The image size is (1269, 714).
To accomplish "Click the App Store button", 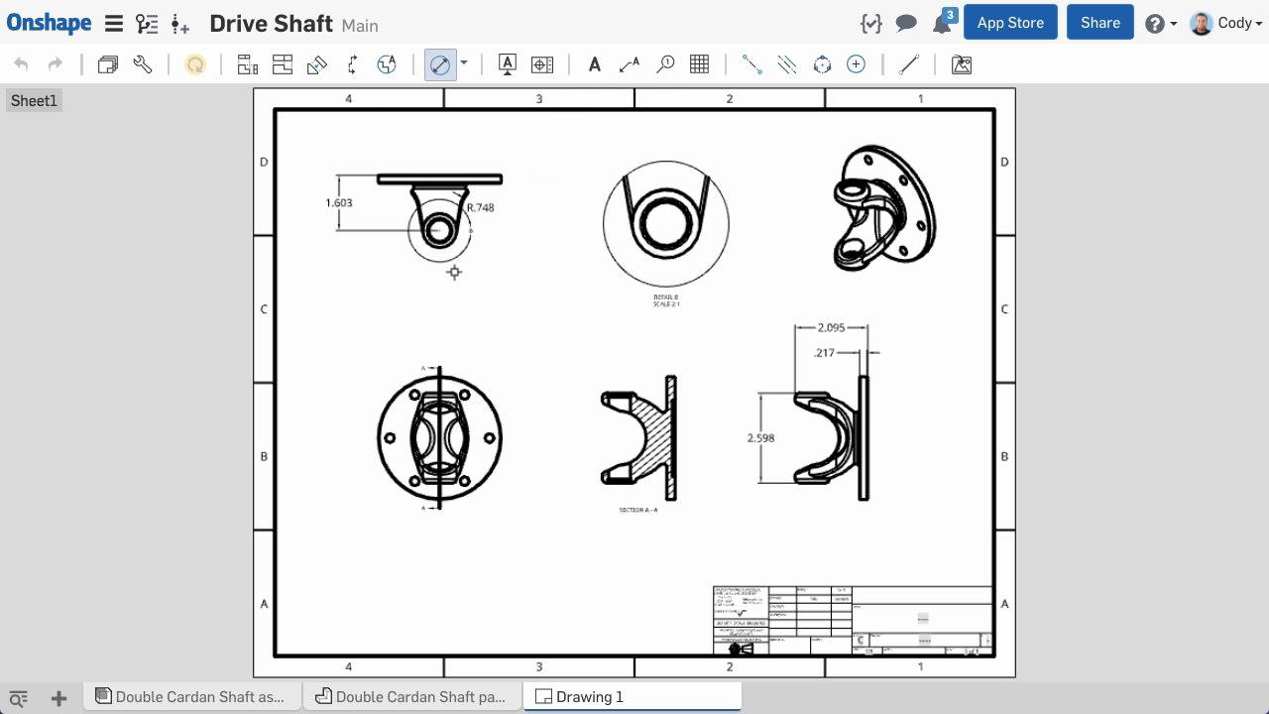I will tap(1010, 23).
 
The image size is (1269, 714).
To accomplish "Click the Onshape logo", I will tap(49, 23).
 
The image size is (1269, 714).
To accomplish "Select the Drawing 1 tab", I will tap(589, 696).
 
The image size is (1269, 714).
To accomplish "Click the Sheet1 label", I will tap(35, 100).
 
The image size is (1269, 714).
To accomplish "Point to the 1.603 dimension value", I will tap(339, 202).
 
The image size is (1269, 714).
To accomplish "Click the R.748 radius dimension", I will tap(480, 207).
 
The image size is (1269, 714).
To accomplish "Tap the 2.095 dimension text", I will tap(831, 327).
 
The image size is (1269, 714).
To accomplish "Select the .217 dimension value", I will tap(824, 352).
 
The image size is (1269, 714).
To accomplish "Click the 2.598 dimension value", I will tap(761, 437).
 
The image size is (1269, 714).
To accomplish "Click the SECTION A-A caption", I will tap(638, 510).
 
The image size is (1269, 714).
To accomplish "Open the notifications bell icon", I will tap(942, 24).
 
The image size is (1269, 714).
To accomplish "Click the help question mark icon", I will tap(1154, 24).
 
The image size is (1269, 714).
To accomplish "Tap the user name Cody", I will tap(1234, 23).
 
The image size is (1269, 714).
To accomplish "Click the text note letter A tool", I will tap(594, 64).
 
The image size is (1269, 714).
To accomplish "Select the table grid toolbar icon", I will tap(699, 64).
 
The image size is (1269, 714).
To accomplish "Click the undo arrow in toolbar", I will tap(21, 64).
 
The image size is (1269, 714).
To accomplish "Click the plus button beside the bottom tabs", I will tap(58, 698).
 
